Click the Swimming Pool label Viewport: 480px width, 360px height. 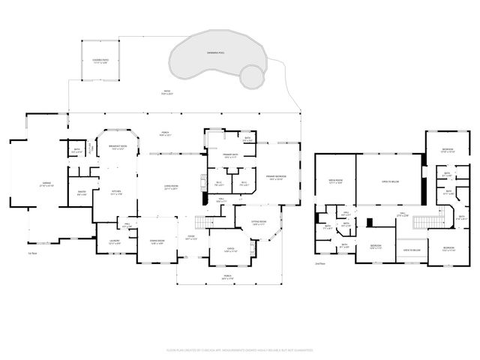[x=218, y=53]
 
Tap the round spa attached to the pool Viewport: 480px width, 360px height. [x=252, y=75]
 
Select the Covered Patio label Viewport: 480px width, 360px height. [x=100, y=62]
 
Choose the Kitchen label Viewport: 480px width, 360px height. [x=116, y=193]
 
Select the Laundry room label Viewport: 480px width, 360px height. [x=115, y=243]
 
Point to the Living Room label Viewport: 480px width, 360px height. [x=171, y=187]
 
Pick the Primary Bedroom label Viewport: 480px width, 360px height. [x=274, y=178]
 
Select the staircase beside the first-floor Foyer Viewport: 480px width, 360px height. [x=205, y=222]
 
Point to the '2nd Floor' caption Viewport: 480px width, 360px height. [x=320, y=263]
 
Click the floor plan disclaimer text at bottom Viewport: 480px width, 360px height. [x=239, y=349]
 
